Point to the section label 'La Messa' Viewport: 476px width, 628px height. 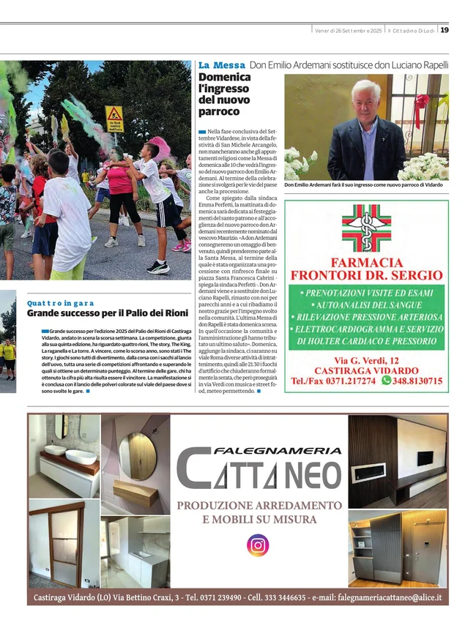pyautogui.click(x=221, y=65)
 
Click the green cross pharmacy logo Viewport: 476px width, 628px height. pyautogui.click(x=366, y=228)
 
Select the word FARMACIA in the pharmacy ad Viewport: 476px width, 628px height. pyautogui.click(x=366, y=262)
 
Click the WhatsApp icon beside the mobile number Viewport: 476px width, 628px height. pyautogui.click(x=387, y=381)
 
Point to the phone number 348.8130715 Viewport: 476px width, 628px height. pyautogui.click(x=417, y=381)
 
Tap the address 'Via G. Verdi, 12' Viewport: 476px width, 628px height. pyautogui.click(x=366, y=360)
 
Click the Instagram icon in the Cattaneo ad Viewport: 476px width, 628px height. pyautogui.click(x=257, y=545)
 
